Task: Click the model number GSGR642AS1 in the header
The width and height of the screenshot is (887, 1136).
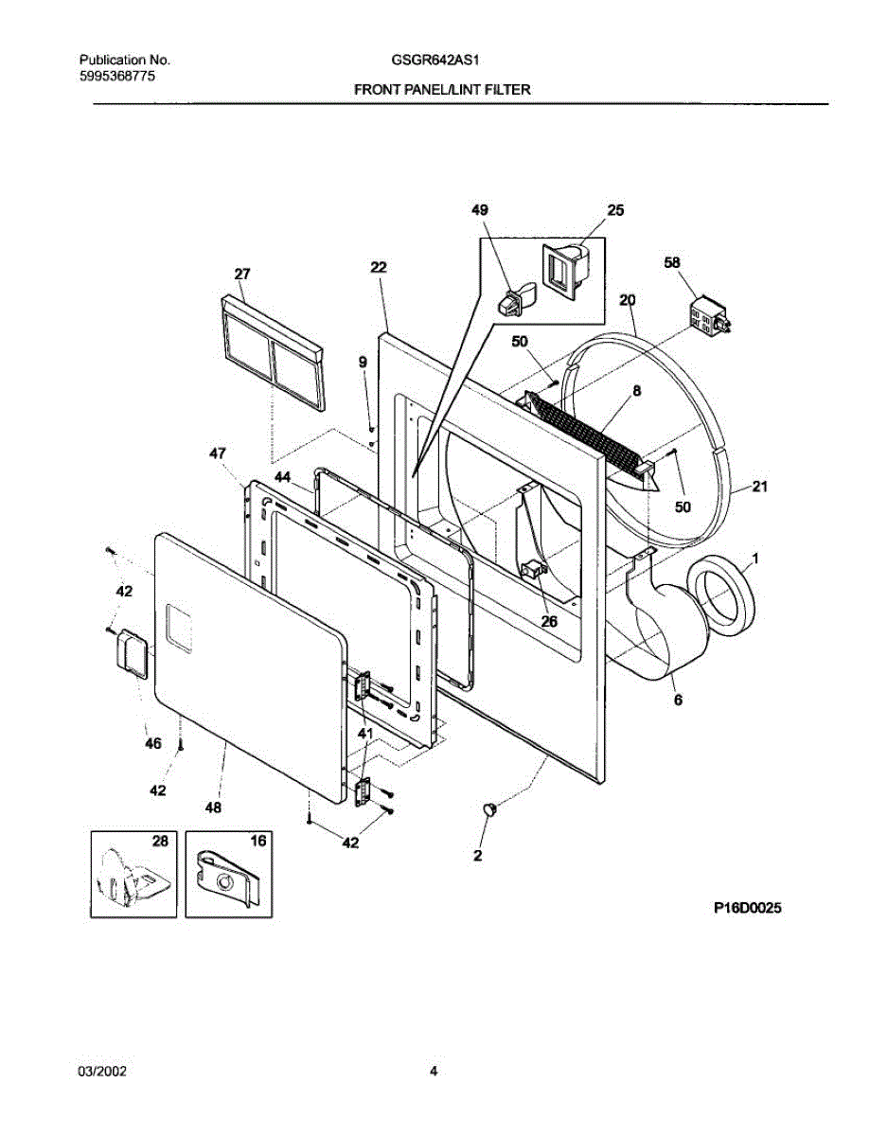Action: (436, 60)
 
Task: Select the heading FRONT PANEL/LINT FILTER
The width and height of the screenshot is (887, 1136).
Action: (442, 90)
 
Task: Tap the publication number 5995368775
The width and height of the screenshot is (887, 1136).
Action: (118, 74)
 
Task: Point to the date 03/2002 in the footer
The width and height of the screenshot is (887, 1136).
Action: (102, 1072)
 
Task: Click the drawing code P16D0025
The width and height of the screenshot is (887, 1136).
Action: (748, 908)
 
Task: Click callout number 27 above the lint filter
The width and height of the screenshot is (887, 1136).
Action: (242, 275)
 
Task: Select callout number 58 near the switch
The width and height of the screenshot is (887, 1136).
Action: (672, 262)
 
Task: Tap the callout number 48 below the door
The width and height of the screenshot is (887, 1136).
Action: (213, 808)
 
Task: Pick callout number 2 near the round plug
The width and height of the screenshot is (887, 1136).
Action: (478, 856)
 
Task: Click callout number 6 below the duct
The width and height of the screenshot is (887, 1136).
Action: (679, 701)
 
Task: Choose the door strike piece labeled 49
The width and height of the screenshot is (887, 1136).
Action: (511, 300)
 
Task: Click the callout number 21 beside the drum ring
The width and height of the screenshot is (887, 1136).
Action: (760, 488)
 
